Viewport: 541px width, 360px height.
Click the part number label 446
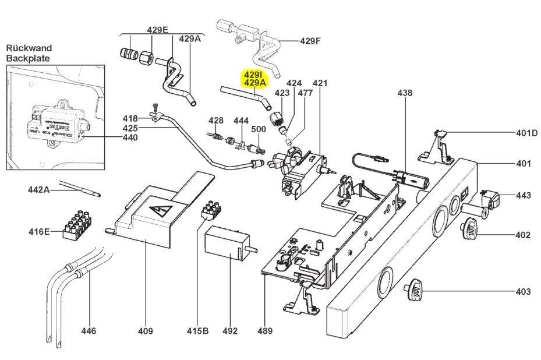[89, 331]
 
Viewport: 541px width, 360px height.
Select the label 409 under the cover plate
[145, 331]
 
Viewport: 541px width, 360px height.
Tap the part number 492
[230, 331]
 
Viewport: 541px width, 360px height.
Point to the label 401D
[527, 133]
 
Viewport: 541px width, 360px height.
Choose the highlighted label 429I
[254, 75]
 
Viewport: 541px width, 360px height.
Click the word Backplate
[28, 59]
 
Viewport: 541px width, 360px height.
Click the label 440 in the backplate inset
[130, 138]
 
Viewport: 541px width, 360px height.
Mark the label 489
[265, 331]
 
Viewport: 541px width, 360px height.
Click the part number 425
[130, 128]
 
